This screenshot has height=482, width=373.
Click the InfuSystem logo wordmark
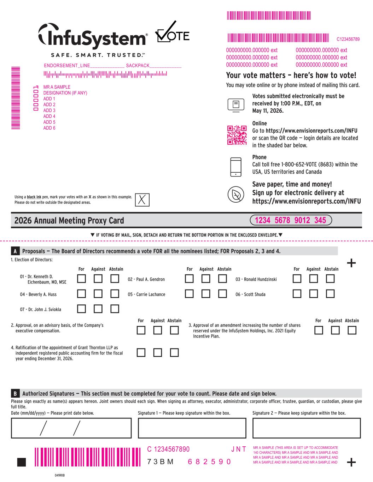93,37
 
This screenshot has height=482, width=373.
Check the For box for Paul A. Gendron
190,279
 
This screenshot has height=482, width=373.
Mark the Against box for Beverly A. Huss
98,294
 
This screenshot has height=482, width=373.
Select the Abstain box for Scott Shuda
330,294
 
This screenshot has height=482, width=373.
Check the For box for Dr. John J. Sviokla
82,309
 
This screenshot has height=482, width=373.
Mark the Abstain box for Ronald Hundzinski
330,279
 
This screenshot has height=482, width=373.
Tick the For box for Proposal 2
141,331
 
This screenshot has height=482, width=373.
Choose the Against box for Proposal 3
336,331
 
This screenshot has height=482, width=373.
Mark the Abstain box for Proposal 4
174,352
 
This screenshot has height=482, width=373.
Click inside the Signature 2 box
307,428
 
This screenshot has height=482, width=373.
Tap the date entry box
72,428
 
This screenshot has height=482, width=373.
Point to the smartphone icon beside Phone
235,167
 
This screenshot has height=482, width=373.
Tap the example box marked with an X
142,199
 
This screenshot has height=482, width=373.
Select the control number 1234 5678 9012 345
290,220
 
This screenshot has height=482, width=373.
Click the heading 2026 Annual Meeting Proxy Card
69,221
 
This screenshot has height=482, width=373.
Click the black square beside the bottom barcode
22,462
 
